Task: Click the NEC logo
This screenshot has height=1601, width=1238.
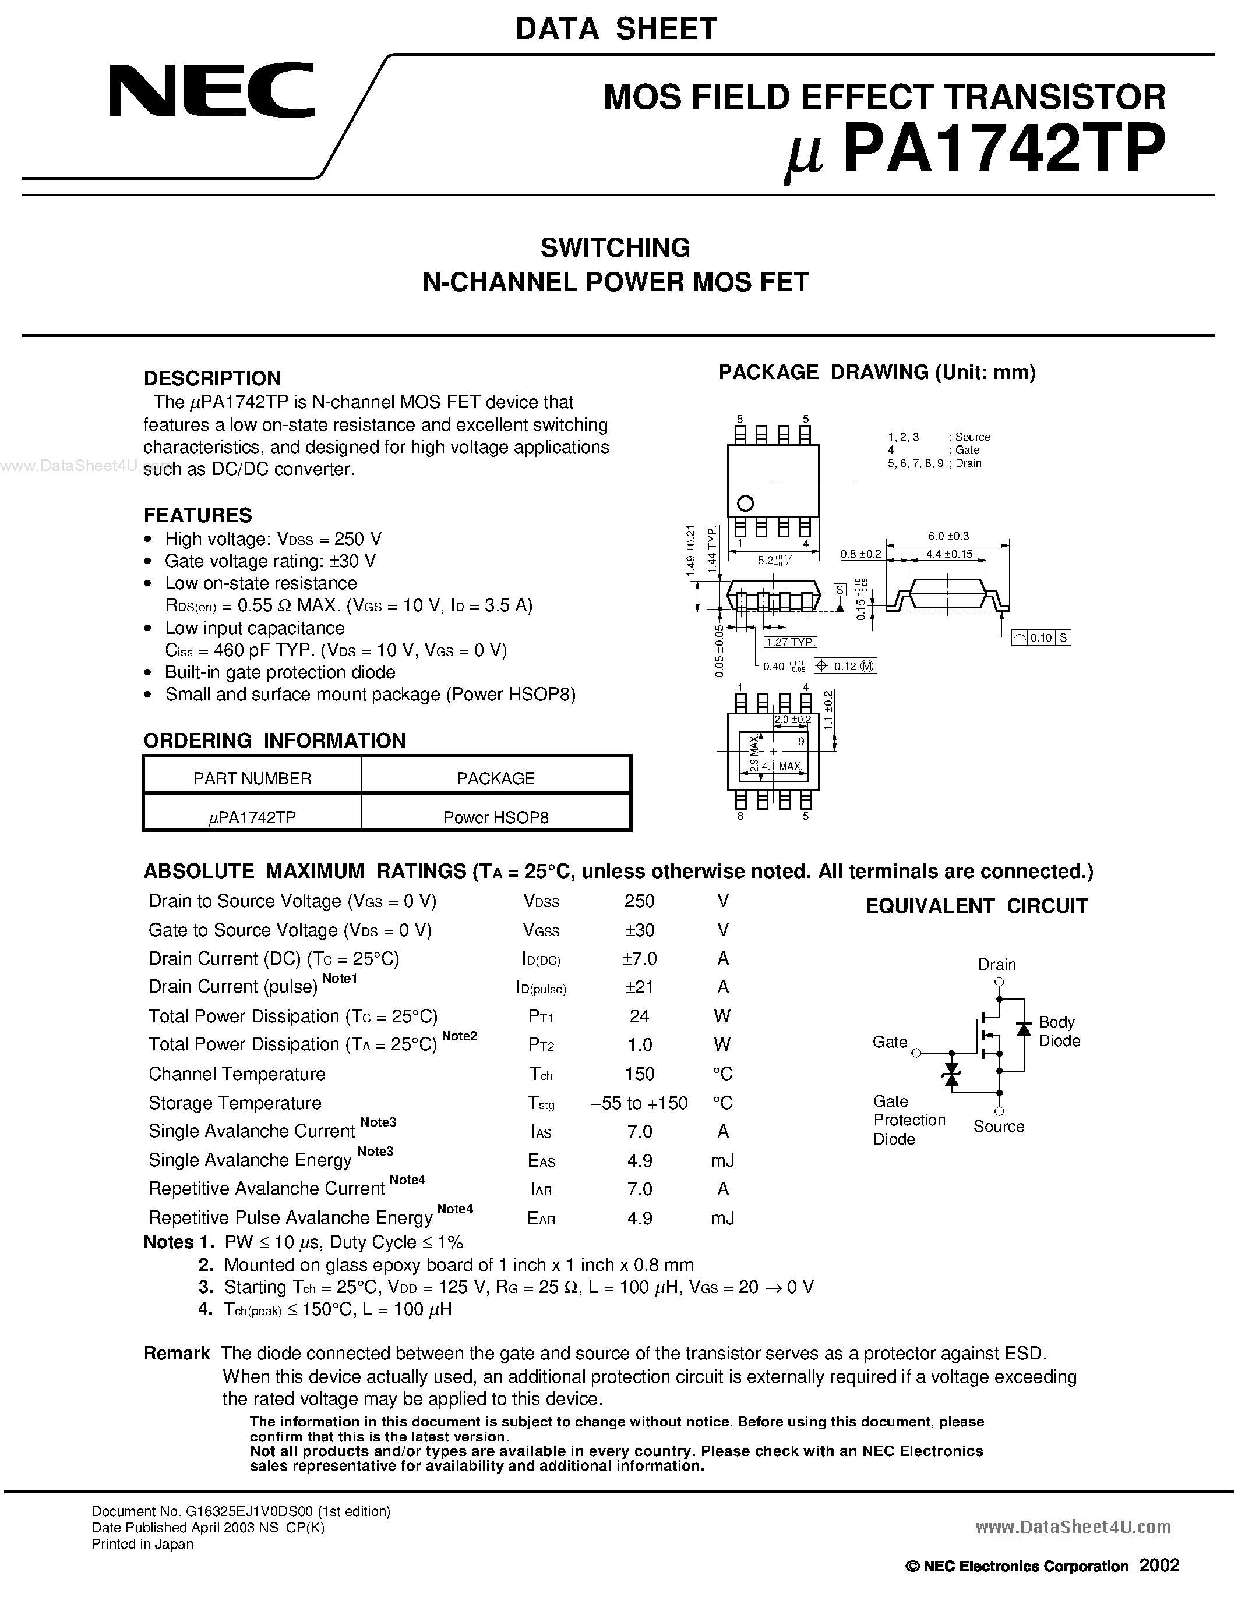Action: tap(212, 91)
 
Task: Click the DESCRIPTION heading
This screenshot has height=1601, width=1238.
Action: tap(212, 378)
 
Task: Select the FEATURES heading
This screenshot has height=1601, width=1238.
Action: tap(197, 515)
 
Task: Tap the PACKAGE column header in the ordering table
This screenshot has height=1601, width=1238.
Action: tap(496, 778)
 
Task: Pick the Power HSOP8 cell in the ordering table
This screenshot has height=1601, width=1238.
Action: tap(496, 817)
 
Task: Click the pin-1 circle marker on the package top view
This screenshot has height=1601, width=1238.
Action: tap(745, 504)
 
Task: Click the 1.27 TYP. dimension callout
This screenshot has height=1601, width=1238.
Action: tap(790, 642)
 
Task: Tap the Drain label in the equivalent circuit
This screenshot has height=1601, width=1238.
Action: tap(997, 964)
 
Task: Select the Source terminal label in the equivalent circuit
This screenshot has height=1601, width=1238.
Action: tap(998, 1126)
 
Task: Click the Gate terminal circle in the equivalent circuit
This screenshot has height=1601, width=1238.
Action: tap(916, 1053)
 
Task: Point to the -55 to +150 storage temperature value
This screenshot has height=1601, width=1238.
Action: tap(639, 1103)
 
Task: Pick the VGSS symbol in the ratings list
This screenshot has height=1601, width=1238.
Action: tap(541, 930)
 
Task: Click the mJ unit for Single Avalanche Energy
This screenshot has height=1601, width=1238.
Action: tap(722, 1160)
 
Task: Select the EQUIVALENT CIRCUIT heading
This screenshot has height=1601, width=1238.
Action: tap(976, 906)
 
